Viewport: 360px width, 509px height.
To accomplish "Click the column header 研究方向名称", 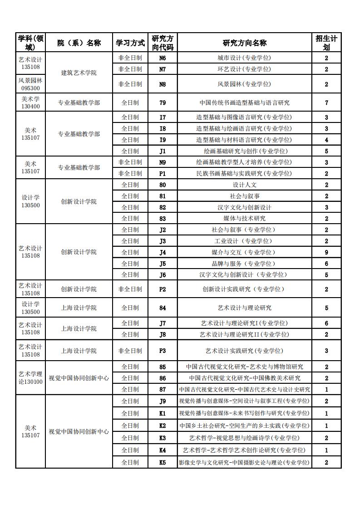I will (x=244, y=43).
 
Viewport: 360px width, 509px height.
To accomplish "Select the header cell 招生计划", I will (x=326, y=43).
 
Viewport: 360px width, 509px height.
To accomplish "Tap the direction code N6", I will (x=163, y=58).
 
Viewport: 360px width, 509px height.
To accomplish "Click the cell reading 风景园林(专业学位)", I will (x=244, y=84).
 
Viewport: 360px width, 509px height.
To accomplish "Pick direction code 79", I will (x=163, y=103).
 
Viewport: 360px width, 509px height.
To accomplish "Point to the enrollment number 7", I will (x=326, y=103).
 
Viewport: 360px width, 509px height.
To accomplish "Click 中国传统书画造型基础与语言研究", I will (x=244, y=103).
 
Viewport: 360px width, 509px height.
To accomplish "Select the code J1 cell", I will (x=163, y=151).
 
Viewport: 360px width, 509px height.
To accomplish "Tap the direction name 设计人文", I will (x=244, y=185).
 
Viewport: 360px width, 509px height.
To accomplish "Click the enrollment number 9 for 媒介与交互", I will (x=326, y=252).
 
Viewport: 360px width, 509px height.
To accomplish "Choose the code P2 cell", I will (x=163, y=289).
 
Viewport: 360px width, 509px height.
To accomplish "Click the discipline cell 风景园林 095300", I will (x=30, y=84).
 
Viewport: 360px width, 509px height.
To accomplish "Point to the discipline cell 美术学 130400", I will (x=30, y=103).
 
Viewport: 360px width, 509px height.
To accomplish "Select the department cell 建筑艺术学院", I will (x=79, y=73).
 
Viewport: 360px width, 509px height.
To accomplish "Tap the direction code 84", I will (x=163, y=308).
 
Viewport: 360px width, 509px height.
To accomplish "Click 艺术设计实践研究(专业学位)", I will (x=244, y=351).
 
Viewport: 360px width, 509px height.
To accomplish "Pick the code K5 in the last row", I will (x=163, y=462).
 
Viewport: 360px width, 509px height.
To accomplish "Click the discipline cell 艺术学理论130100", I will (x=30, y=378).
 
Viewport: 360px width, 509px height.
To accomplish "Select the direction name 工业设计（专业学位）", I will (x=244, y=241).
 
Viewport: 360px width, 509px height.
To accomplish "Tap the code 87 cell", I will (x=163, y=389).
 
